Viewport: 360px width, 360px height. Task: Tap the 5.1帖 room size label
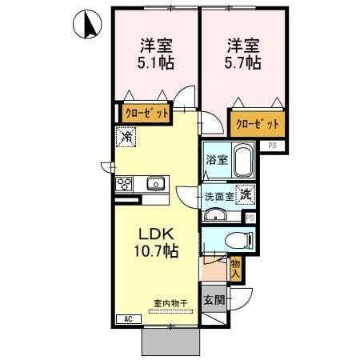155,54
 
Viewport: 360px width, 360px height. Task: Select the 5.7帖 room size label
240,54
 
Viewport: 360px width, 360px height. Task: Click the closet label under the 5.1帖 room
146,114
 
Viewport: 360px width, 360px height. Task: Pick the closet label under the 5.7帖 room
258,125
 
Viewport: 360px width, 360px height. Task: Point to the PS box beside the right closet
273,146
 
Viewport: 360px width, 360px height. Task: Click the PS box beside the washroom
250,218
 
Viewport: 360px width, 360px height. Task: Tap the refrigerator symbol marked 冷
126,138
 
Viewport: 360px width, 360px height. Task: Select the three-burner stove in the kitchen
125,183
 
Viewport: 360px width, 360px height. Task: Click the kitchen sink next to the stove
155,184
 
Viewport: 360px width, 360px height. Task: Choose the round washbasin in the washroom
214,214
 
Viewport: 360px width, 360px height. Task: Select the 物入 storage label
235,267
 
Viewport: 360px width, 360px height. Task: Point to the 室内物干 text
170,303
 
